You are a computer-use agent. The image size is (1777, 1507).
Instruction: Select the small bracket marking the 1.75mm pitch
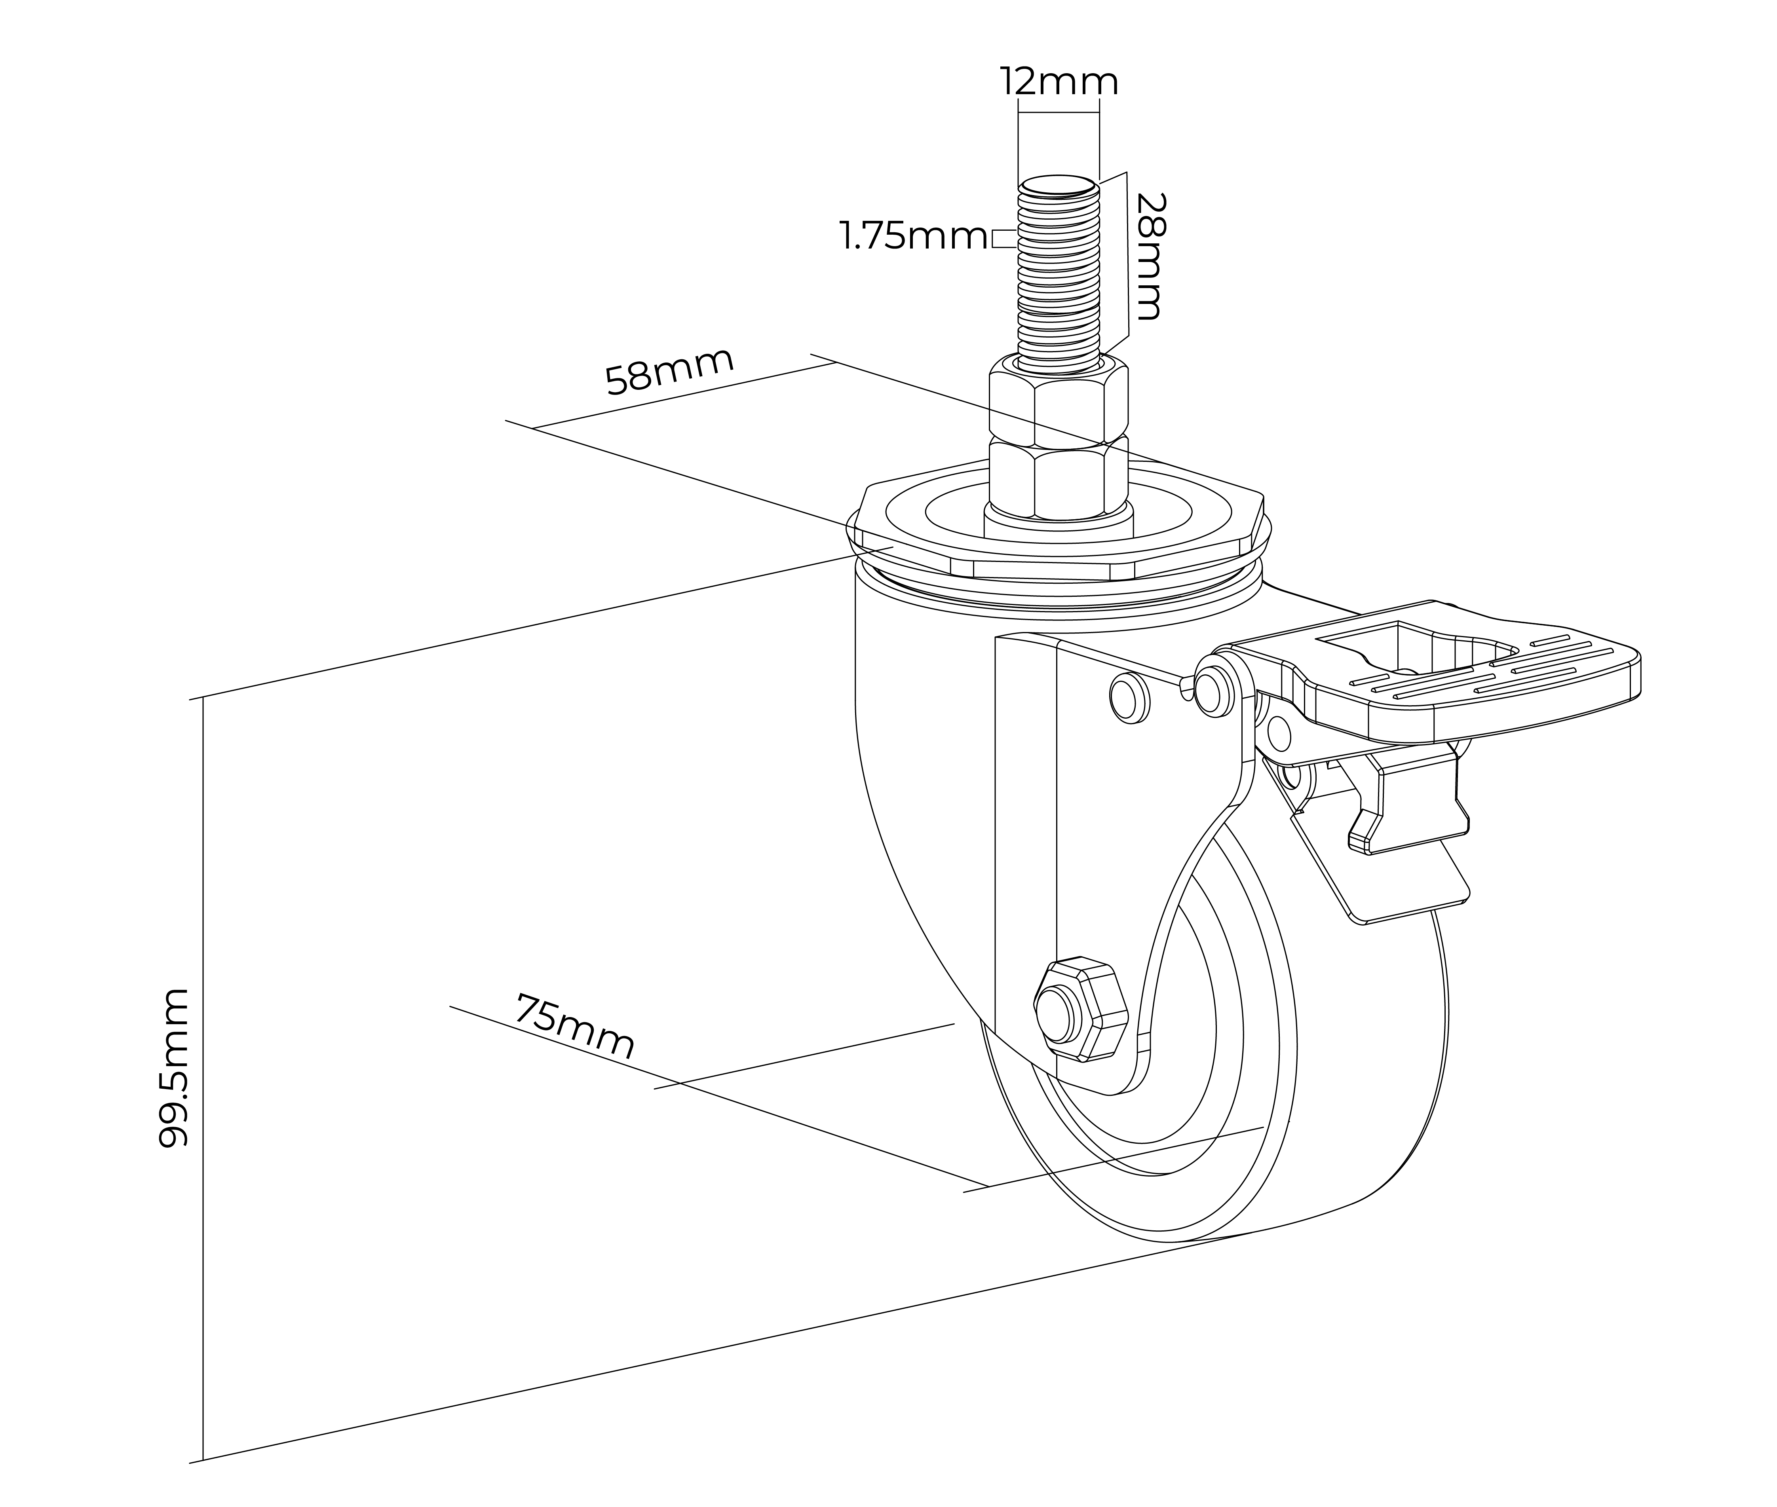[1003, 237]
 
